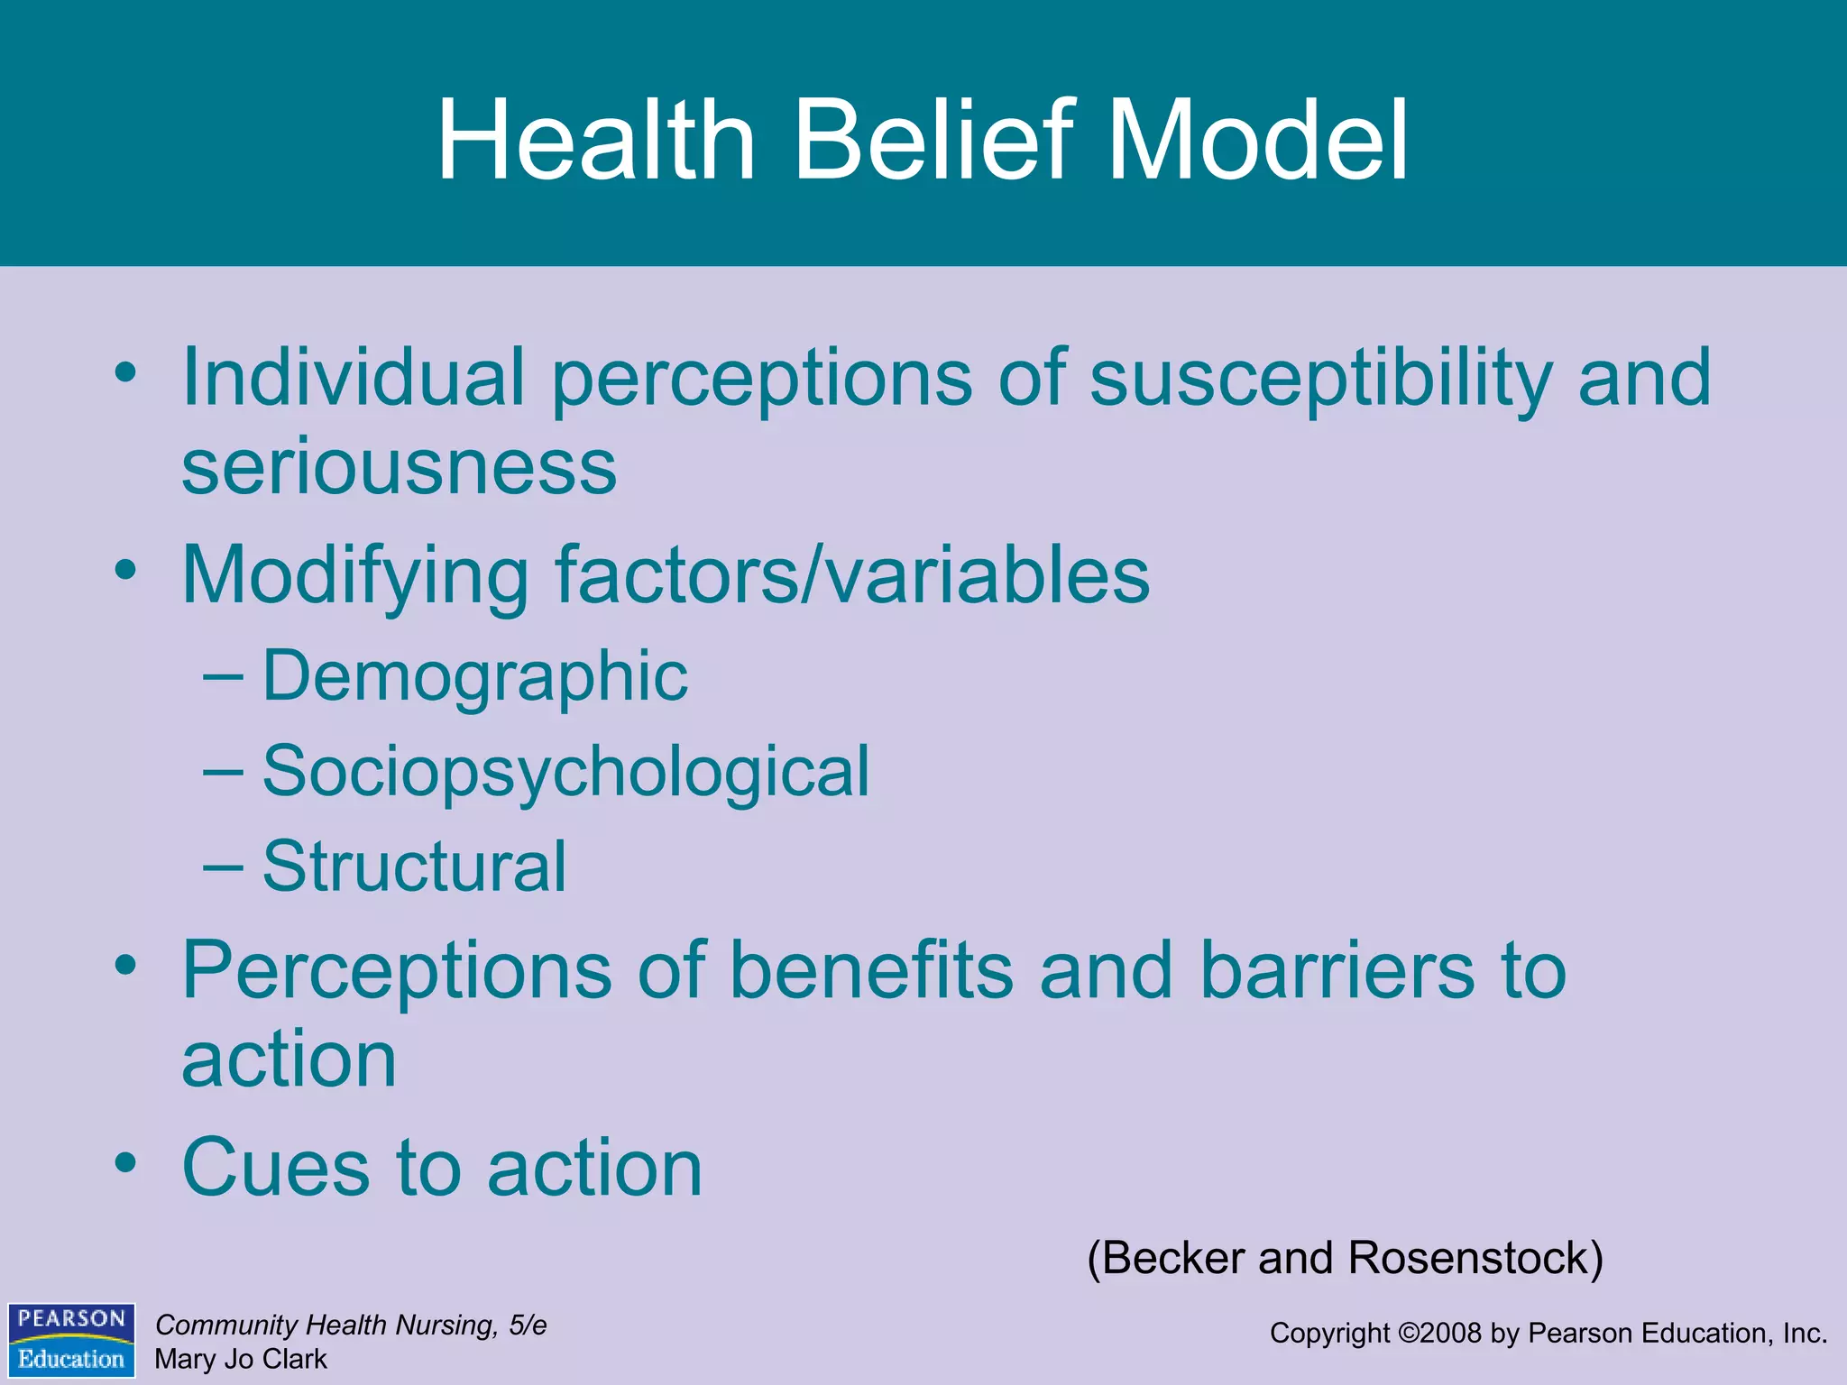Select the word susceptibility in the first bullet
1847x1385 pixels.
[1321, 379]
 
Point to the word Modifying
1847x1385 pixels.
[355, 577]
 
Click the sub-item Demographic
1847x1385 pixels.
[474, 676]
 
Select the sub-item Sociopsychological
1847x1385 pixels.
[565, 773]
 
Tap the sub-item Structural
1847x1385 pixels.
[414, 867]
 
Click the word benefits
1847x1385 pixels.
[871, 971]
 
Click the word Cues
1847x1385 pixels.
[276, 1168]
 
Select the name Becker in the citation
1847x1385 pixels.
[1172, 1258]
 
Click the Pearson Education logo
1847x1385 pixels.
[71, 1340]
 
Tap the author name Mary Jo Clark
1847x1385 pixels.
[241, 1359]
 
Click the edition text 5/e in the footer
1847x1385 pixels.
[528, 1325]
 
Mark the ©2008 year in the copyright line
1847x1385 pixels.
[1439, 1333]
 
